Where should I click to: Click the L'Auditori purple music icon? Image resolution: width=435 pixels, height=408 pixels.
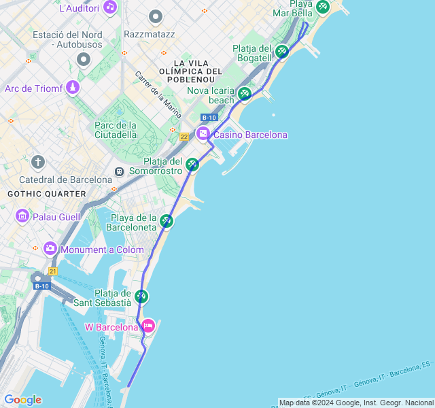[x=110, y=8]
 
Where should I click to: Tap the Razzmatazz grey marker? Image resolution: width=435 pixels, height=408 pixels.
[x=156, y=16]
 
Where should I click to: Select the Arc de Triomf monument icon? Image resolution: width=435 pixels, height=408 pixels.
[x=73, y=88]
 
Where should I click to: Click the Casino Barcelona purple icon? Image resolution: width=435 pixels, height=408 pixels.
[x=203, y=135]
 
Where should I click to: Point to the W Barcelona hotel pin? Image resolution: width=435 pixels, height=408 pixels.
[x=147, y=327]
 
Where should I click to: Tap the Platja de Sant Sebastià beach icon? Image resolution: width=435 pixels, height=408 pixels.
[x=141, y=296]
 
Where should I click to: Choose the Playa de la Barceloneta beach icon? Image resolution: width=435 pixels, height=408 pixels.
[x=167, y=221]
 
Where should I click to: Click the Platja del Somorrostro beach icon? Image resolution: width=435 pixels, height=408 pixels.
[x=193, y=165]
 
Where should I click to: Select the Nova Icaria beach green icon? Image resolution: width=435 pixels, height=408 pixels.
[x=245, y=94]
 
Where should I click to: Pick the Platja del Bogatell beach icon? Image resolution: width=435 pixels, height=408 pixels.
[x=282, y=51]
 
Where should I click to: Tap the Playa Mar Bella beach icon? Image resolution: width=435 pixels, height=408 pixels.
[x=323, y=7]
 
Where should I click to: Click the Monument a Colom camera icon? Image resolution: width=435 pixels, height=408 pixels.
[x=50, y=249]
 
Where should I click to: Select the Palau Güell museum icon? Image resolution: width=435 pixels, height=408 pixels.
[x=22, y=216]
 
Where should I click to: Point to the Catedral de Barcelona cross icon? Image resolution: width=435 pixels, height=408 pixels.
[x=38, y=162]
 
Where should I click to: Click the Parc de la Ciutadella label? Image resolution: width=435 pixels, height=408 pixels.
[x=116, y=130]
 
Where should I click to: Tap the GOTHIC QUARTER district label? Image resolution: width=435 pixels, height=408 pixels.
[x=47, y=194]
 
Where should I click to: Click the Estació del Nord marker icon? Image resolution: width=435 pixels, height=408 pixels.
[x=84, y=59]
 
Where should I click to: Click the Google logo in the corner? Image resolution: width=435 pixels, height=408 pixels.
[x=22, y=400]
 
